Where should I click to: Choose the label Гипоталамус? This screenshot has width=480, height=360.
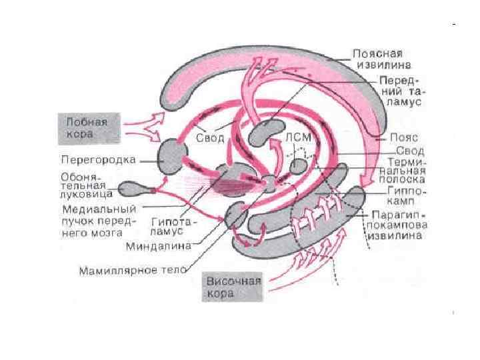tap(173, 226)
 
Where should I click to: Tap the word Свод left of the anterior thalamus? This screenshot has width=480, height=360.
tap(214, 138)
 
